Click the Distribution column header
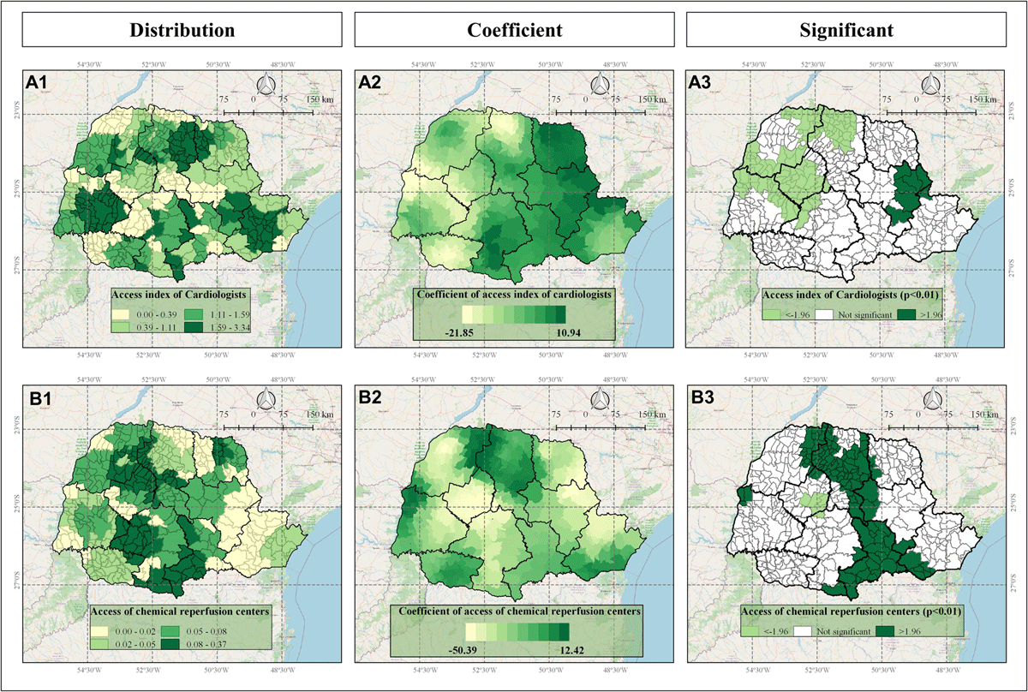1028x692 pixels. (182, 31)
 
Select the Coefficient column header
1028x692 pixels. (514, 31)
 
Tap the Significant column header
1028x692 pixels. (846, 31)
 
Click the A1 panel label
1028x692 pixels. (41, 83)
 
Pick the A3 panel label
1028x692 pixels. (704, 83)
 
